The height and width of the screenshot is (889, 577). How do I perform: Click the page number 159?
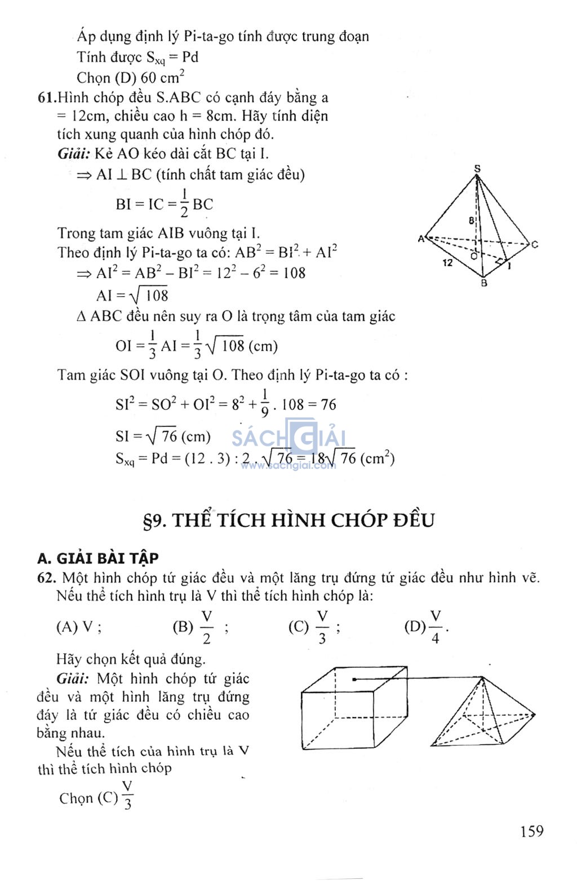click(531, 831)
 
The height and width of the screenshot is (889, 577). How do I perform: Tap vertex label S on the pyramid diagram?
click(477, 168)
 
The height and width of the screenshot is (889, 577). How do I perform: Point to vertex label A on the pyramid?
click(420, 239)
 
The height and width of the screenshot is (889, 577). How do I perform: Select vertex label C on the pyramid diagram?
click(534, 244)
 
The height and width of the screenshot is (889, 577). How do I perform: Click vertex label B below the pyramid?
click(483, 284)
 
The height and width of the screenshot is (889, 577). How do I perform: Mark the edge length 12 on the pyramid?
click(447, 262)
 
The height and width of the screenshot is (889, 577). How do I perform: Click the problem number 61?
click(46, 98)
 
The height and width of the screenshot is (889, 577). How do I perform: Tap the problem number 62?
click(46, 578)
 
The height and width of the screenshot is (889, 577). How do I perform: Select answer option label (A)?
click(67, 627)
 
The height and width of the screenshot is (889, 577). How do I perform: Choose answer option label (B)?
click(183, 627)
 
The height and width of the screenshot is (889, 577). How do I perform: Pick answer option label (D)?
click(415, 627)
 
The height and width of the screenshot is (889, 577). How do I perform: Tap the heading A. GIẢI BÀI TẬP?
click(98, 558)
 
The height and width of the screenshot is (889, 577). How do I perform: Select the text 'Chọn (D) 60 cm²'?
click(130, 77)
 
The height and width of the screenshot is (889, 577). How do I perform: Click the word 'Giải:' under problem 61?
click(74, 153)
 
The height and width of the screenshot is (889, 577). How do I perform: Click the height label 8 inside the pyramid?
click(471, 221)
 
